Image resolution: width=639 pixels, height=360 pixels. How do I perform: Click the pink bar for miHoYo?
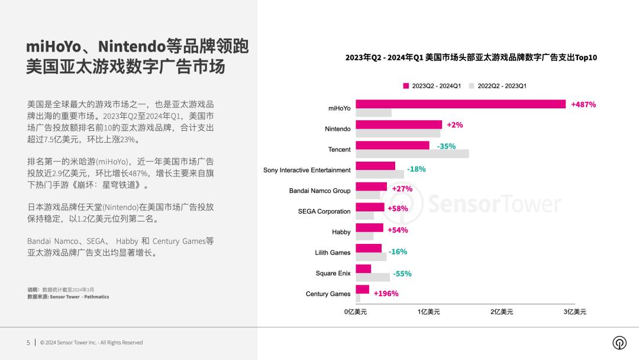click(x=460, y=104)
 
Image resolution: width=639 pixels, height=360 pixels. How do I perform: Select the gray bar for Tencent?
click(x=412, y=154)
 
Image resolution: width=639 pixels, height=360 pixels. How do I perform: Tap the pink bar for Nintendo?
click(x=399, y=124)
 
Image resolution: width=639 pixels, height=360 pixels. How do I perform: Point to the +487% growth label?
click(x=583, y=104)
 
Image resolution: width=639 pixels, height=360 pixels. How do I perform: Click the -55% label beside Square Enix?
click(x=402, y=274)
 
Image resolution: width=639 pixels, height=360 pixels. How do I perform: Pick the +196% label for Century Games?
click(x=386, y=294)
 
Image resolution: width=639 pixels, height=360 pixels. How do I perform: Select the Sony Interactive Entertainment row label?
click(x=306, y=170)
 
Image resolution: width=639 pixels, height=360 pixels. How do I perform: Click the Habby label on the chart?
click(x=341, y=232)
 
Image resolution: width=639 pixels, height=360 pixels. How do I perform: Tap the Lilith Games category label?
click(x=333, y=253)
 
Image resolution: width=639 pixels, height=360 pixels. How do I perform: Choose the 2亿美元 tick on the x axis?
click(x=502, y=311)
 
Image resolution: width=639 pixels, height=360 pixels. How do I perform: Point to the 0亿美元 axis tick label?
click(x=356, y=311)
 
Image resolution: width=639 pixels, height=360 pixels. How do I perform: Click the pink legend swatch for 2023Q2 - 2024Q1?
click(x=406, y=86)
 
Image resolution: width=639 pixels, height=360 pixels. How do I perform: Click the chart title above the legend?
click(x=471, y=57)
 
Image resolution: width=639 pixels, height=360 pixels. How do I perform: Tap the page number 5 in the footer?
click(x=28, y=342)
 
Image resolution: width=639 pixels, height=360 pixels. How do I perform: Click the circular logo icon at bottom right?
click(x=619, y=343)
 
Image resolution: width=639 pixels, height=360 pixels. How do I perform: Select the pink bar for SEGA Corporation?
click(x=370, y=207)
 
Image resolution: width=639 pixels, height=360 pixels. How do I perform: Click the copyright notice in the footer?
click(x=91, y=342)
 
